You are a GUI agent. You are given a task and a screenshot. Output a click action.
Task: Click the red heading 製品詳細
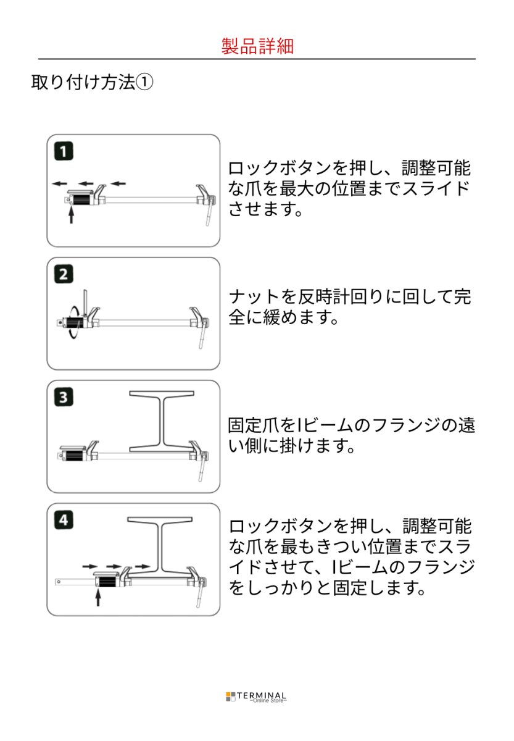(257, 46)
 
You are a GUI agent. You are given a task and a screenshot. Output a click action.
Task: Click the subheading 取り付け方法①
(91, 83)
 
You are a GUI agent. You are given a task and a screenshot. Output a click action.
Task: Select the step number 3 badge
(63, 398)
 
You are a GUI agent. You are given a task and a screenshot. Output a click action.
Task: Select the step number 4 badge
(63, 521)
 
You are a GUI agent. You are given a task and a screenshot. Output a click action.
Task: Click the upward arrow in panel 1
(72, 216)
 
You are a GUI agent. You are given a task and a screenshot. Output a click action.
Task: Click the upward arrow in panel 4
(97, 597)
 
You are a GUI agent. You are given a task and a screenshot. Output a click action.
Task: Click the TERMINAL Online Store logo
(257, 697)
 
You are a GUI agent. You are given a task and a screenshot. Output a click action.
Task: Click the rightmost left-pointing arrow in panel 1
(117, 183)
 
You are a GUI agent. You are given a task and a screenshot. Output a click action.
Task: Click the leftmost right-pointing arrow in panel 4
(90, 565)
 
